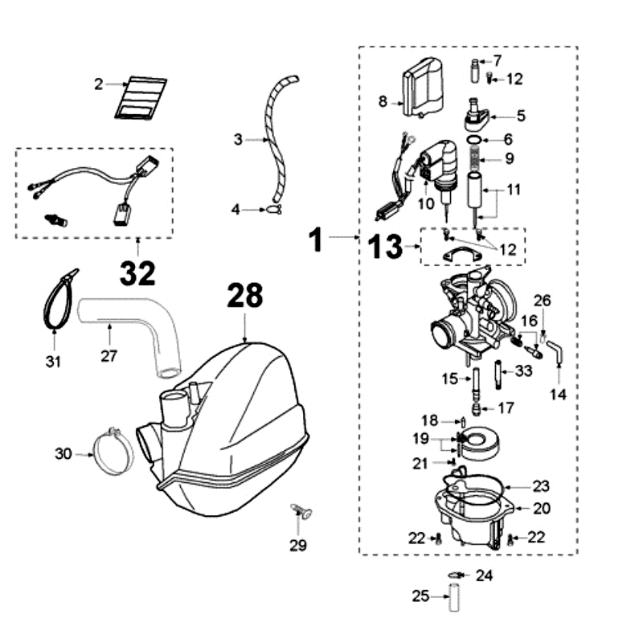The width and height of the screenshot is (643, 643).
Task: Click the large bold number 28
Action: [x=244, y=296]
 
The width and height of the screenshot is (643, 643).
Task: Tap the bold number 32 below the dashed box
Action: [x=137, y=274]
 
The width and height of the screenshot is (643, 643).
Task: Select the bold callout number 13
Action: [x=387, y=247]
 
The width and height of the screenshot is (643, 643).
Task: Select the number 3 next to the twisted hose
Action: [x=238, y=140]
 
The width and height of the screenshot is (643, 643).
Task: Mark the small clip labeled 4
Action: [x=274, y=211]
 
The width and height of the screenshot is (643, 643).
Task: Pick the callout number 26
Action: [x=543, y=301]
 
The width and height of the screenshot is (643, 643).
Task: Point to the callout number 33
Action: [x=524, y=371]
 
